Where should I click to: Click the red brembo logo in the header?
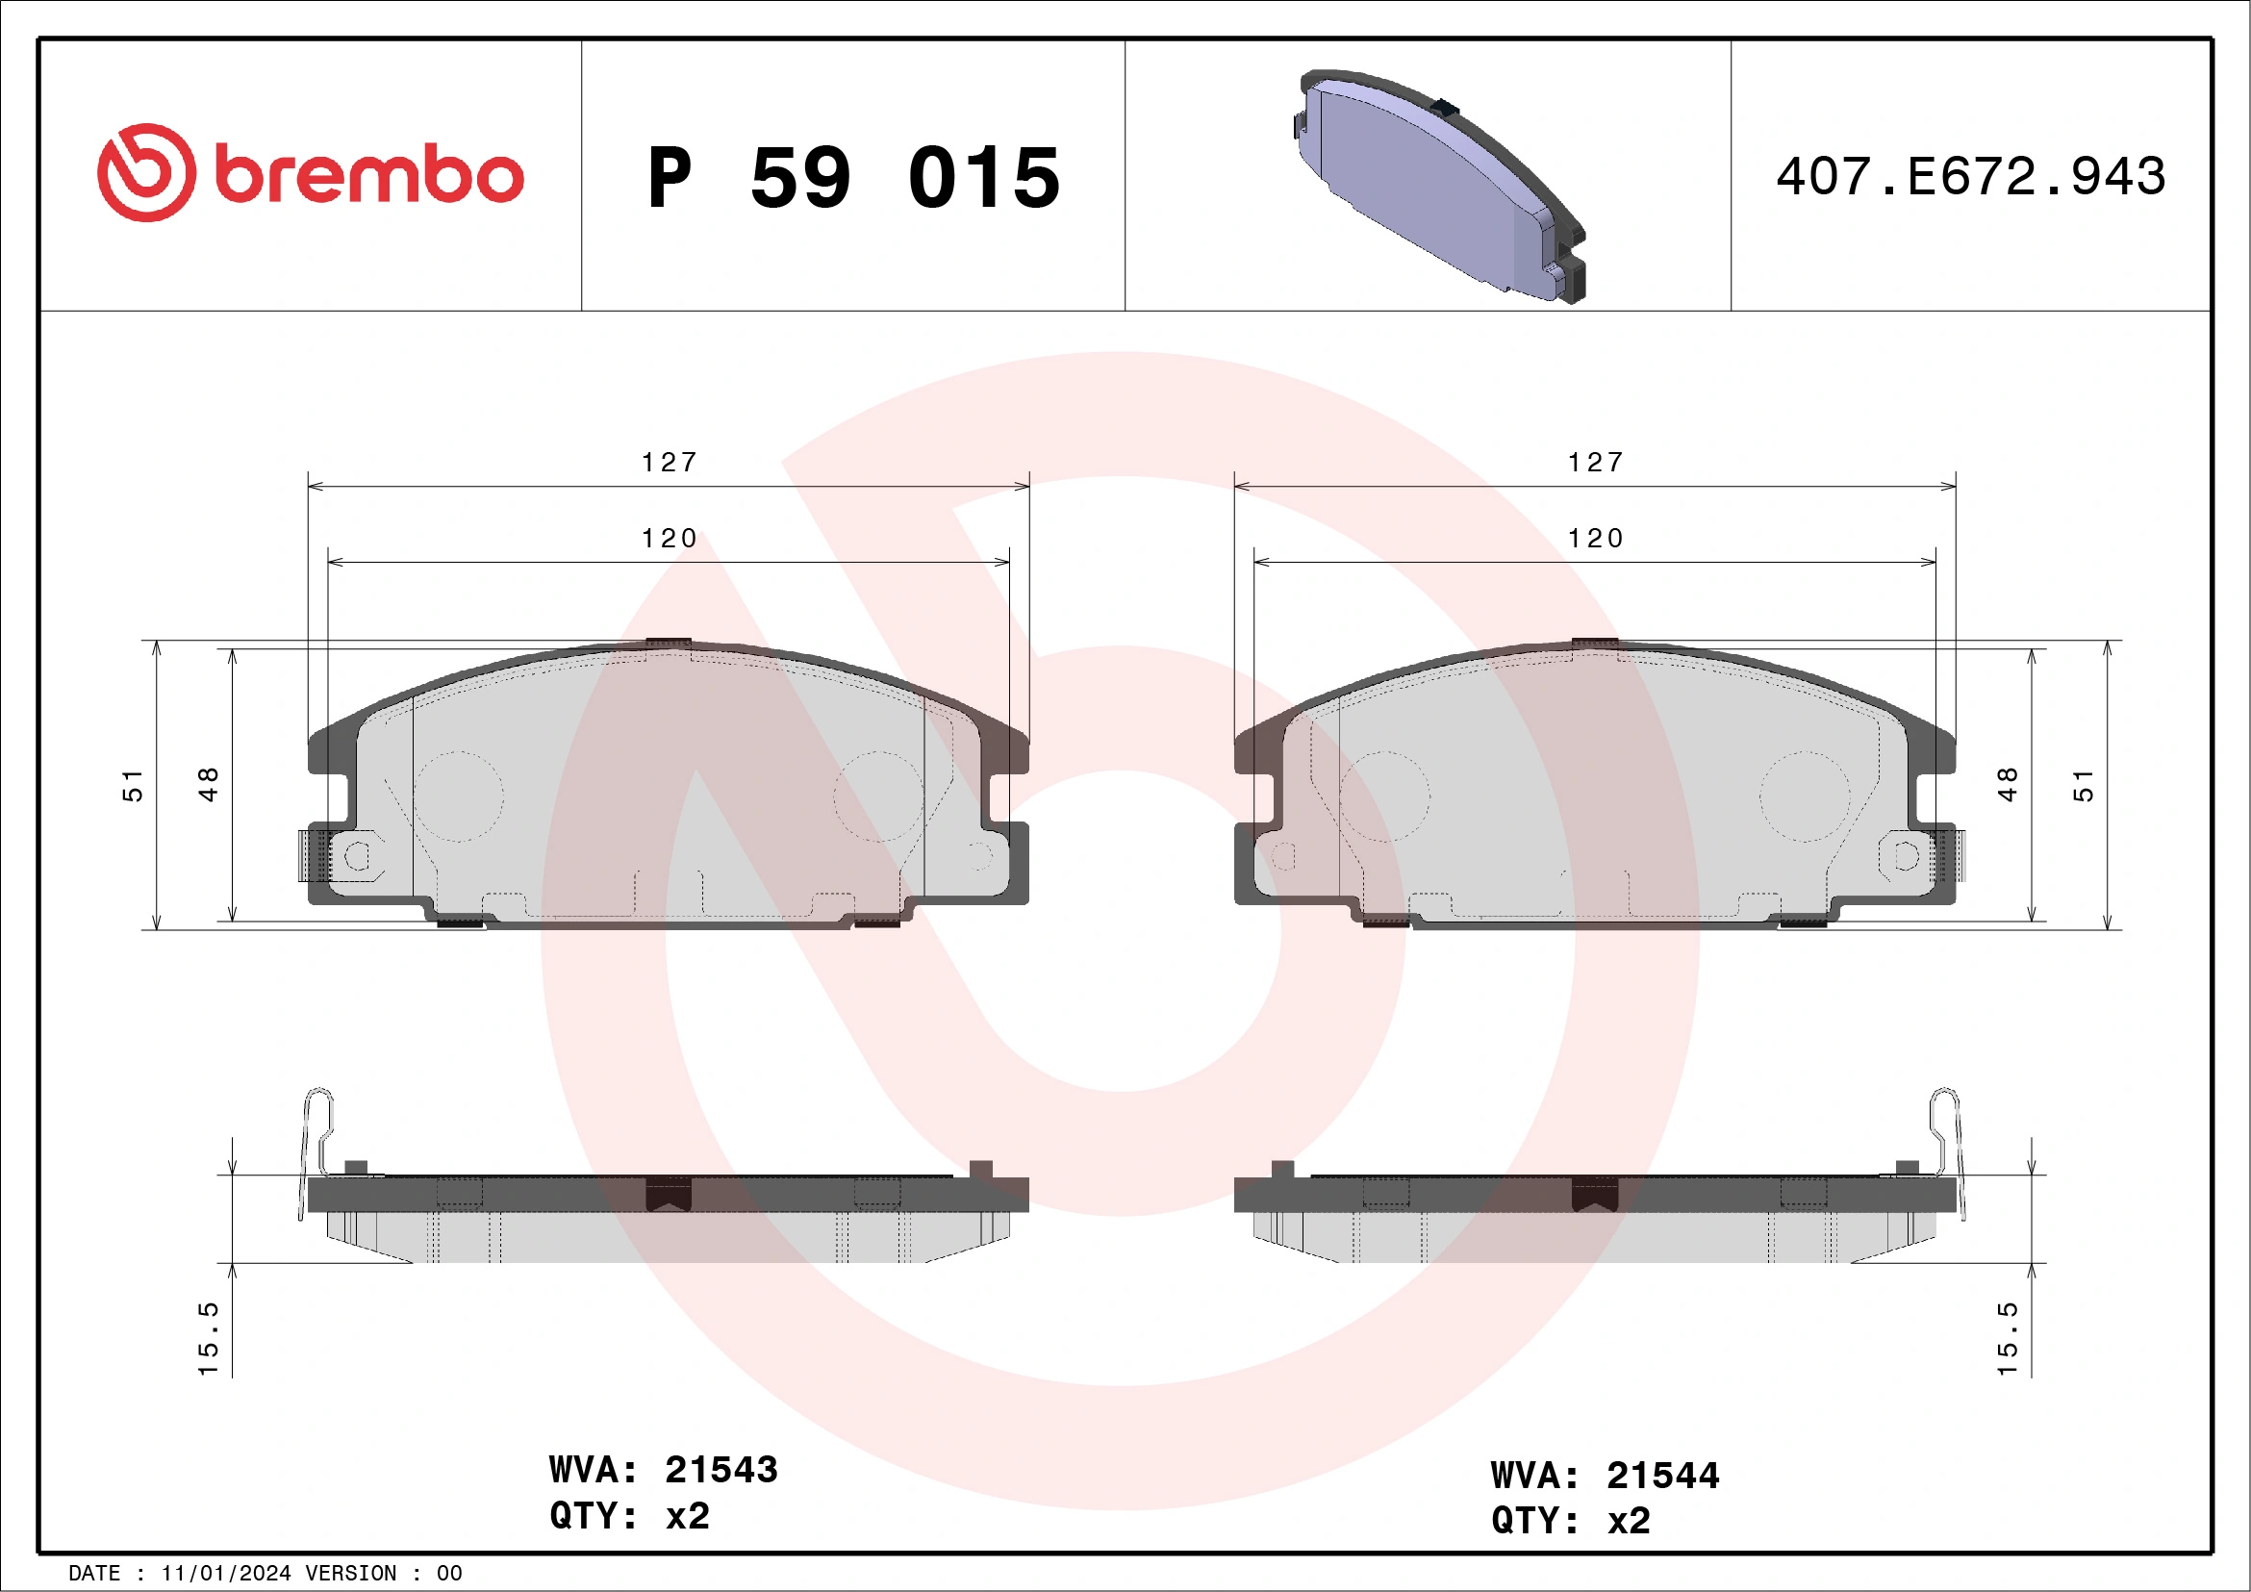click(x=310, y=173)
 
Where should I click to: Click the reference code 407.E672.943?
click(x=1971, y=177)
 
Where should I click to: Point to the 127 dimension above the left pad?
click(x=669, y=462)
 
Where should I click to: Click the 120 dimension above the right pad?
click(x=1595, y=538)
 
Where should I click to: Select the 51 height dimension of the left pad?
click(x=133, y=785)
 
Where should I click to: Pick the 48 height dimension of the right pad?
click(x=2007, y=784)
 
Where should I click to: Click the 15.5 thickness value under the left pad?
click(x=209, y=1338)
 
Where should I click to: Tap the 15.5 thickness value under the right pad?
click(x=2007, y=1338)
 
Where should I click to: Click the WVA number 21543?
click(x=721, y=1470)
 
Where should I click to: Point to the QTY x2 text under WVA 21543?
click(x=629, y=1516)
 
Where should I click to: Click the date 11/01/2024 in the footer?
click(x=225, y=1574)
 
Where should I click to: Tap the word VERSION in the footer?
click(x=351, y=1574)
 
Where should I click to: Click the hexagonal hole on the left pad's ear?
click(x=358, y=856)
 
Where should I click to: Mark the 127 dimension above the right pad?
click(x=1595, y=462)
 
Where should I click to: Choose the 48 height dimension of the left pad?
click(x=208, y=784)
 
